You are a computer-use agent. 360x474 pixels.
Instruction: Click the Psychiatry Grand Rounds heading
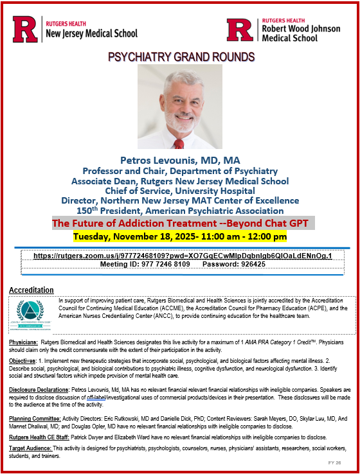point(180,57)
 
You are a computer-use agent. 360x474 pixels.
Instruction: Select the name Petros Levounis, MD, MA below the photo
point(179,160)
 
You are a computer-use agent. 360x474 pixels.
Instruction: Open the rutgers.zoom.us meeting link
point(183,256)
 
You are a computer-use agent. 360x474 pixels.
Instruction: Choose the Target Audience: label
point(30,448)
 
